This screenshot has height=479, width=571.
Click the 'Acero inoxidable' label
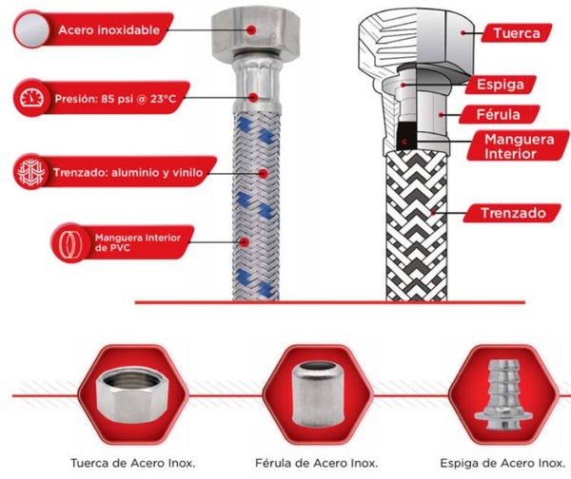click(x=108, y=29)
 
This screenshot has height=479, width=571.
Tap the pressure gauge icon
click(x=31, y=98)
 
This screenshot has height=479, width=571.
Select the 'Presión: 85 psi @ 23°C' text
click(x=115, y=99)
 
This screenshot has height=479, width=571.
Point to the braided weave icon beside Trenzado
click(x=31, y=172)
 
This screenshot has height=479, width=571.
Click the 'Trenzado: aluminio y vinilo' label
click(x=128, y=172)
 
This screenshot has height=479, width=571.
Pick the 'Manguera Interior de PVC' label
click(x=138, y=242)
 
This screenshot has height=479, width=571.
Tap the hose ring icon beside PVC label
click(x=71, y=242)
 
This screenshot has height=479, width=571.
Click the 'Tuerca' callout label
click(x=517, y=33)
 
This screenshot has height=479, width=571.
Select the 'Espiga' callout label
click(x=501, y=85)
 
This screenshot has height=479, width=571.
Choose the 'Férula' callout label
click(x=498, y=115)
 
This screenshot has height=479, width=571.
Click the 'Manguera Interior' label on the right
click(x=520, y=146)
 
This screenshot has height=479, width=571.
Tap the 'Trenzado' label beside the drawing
click(x=513, y=213)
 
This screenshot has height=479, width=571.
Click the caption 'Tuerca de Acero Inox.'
click(x=133, y=463)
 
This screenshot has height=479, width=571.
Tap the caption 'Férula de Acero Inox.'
click(x=317, y=463)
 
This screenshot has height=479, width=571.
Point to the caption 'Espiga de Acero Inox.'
click(x=502, y=463)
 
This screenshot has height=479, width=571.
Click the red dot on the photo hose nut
click(x=251, y=29)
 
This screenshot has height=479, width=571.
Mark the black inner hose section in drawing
click(x=406, y=136)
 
